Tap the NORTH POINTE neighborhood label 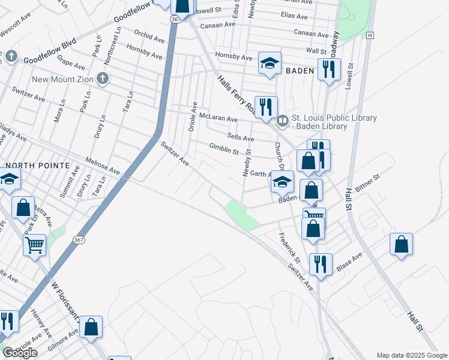tap(35, 165)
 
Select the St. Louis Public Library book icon tap(282, 122)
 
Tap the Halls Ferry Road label tap(237, 94)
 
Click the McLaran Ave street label tap(218, 118)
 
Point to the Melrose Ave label tap(103, 167)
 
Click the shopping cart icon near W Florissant tap(35, 245)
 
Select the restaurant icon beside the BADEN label tap(328, 70)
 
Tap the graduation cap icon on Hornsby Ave tap(270, 62)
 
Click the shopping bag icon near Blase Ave tap(401, 244)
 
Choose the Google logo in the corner tap(20, 353)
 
